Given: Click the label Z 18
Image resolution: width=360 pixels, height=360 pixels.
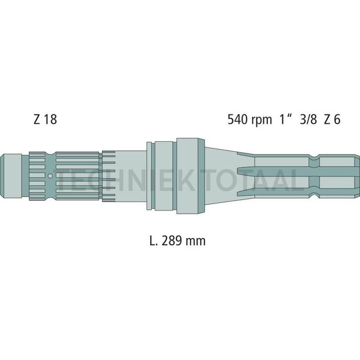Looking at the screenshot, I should tap(45, 119).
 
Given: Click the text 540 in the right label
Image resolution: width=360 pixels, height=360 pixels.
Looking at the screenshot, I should tap(236, 119).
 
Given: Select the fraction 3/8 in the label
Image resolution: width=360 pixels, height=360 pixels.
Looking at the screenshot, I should tap(306, 119).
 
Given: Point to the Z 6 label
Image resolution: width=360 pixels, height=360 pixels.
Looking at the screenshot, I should tap(332, 119).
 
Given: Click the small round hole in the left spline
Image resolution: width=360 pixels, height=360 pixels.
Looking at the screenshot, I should tap(50, 176).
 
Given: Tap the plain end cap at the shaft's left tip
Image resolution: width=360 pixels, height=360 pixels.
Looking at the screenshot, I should tap(11, 176).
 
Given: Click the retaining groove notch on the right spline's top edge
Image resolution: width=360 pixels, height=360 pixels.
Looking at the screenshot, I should tap(315, 161).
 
